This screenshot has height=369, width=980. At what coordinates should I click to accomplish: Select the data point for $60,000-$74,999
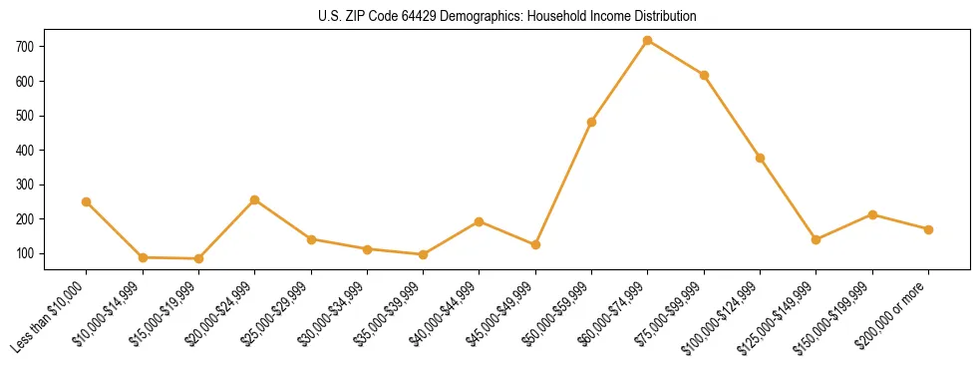[648, 41]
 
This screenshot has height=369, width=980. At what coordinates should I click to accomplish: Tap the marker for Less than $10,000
[87, 201]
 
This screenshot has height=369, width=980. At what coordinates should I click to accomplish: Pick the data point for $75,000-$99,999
[704, 75]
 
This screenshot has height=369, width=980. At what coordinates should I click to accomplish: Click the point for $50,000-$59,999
[592, 122]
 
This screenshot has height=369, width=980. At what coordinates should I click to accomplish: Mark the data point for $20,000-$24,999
[255, 199]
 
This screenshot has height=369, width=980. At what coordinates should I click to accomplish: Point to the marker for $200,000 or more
[928, 229]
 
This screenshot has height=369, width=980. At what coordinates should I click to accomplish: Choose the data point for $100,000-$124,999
[760, 158]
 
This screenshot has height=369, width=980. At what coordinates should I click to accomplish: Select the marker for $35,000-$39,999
[424, 254]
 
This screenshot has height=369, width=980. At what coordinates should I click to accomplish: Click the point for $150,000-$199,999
[872, 214]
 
